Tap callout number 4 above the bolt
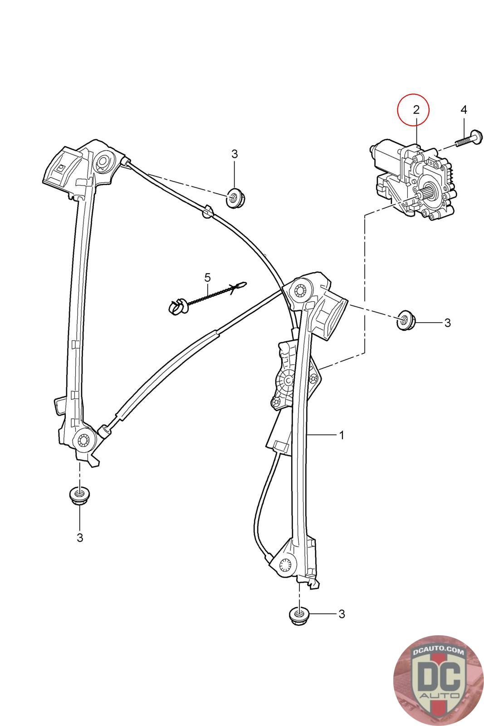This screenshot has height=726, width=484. pos(463,109)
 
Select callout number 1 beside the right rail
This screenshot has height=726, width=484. pos(342,435)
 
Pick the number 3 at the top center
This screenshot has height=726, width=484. pos(234,154)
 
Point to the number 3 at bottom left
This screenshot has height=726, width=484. pos(80,537)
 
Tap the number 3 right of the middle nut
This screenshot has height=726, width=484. pos(447,323)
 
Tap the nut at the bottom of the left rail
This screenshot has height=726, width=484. pos(79,495)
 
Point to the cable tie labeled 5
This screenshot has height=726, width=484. pos(206,297)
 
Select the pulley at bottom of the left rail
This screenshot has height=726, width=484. pos(83,440)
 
